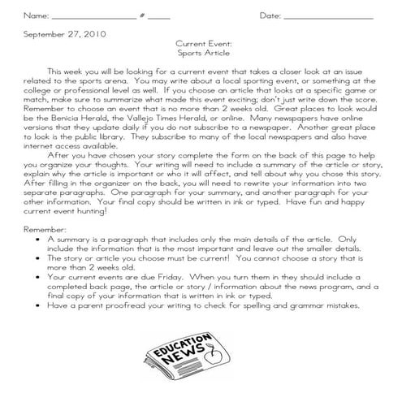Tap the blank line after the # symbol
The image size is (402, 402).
pos(159,17)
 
